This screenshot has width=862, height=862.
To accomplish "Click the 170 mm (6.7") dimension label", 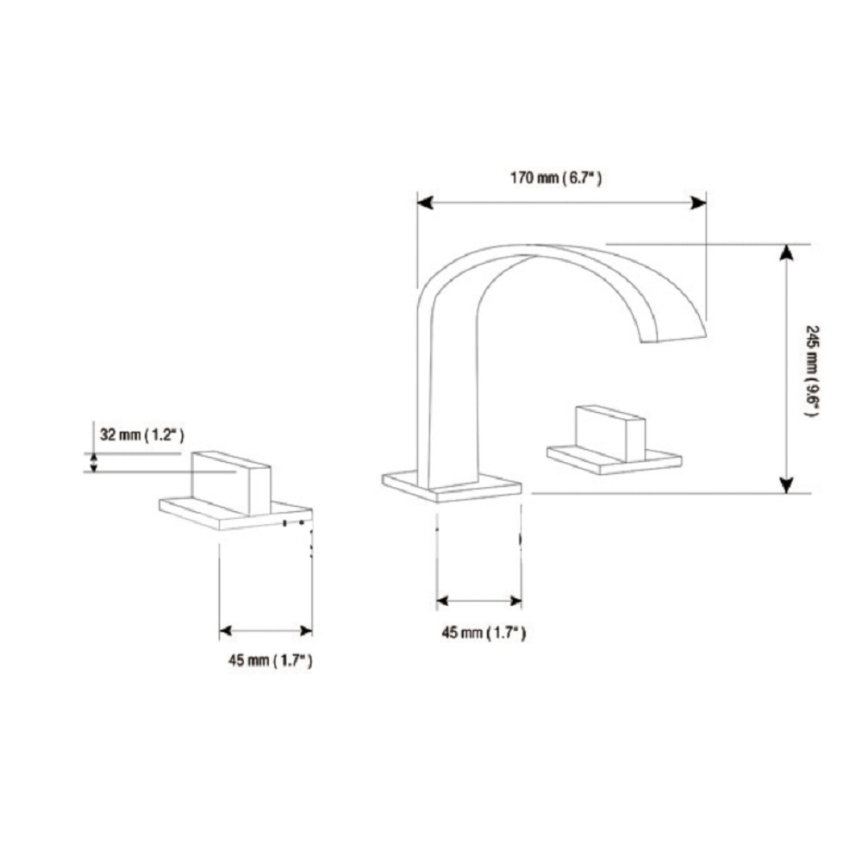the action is (556, 178).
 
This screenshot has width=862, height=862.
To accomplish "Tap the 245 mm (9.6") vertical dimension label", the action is (812, 371).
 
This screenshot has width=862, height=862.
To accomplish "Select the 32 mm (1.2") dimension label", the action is (142, 434).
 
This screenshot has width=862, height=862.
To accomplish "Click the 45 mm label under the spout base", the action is (484, 633).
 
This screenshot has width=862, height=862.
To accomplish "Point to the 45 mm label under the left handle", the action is (271, 659).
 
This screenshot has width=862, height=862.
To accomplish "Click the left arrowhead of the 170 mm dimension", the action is (425, 203).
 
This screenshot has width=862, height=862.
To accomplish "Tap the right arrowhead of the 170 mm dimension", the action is (699, 203).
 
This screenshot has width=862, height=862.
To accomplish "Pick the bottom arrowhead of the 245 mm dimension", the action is (787, 484).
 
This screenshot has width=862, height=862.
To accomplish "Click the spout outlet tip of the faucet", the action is (674, 338).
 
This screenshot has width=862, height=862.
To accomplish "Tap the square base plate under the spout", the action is (452, 486).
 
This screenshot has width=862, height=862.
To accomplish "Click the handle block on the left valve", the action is (231, 484).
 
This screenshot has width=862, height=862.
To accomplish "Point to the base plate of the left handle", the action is (236, 514).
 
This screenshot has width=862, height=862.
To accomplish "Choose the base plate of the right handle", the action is (615, 460).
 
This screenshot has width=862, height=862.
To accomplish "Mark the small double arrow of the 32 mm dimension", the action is (93, 462).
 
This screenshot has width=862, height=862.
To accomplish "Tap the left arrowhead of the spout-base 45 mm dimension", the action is (444, 601).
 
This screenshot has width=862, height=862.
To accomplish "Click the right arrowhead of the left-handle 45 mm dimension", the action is (305, 631).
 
